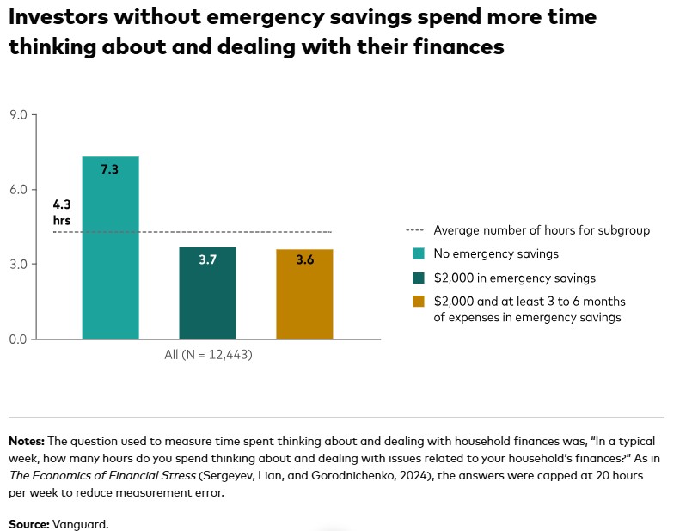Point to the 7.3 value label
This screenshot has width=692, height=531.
tap(109, 170)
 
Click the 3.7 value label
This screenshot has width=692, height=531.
tap(207, 259)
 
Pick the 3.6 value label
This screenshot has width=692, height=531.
tap(304, 259)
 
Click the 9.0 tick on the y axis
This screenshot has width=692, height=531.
tap(18, 114)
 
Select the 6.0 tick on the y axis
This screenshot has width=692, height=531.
tap(18, 189)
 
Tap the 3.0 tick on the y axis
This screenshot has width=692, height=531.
tap(18, 264)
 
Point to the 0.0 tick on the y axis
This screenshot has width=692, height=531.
tap(18, 339)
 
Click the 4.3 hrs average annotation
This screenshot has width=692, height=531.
tap(62, 212)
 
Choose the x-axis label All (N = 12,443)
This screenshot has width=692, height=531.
tap(207, 354)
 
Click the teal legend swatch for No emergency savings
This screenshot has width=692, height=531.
tap(419, 254)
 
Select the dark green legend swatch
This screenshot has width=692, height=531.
tap(419, 278)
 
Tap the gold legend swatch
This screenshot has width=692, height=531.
tap(419, 301)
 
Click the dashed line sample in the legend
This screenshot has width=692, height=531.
tap(415, 231)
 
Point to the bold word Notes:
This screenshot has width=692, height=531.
tap(27, 441)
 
